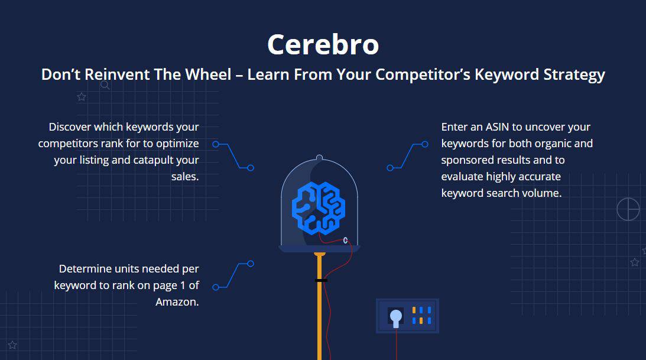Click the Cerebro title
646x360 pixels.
[323, 44]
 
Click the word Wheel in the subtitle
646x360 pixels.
[208, 74]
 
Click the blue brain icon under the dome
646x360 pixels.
[319, 208]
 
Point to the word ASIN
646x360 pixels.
[498, 127]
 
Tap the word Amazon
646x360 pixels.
[177, 302]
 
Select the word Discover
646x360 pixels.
[70, 127]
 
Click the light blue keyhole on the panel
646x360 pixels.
[396, 317]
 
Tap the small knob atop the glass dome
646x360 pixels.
[319, 157]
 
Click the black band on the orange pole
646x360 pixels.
[321, 281]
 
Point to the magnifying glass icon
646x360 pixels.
[105, 85]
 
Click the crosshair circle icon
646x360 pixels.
[628, 209]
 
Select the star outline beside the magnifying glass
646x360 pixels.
[82, 97]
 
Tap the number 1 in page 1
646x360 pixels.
[183, 286]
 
